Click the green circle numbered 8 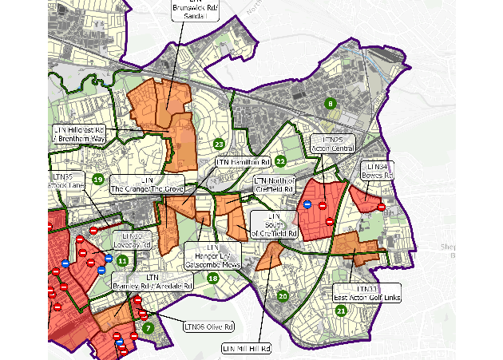click(329, 103)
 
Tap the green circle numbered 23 click(218, 144)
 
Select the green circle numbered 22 click(280, 161)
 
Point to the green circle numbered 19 click(97, 180)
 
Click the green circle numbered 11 click(122, 260)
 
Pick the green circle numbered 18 click(212, 278)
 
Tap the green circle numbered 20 click(282, 296)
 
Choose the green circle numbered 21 click(341, 311)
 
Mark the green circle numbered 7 click(148, 327)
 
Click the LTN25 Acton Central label click(331, 144)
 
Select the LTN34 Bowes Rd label click(377, 170)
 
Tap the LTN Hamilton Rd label click(238, 162)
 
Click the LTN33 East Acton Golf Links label click(367, 293)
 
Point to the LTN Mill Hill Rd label click(246, 349)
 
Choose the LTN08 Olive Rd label click(208, 326)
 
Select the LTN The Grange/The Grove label click(147, 184)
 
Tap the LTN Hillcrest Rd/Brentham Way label click(79, 134)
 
